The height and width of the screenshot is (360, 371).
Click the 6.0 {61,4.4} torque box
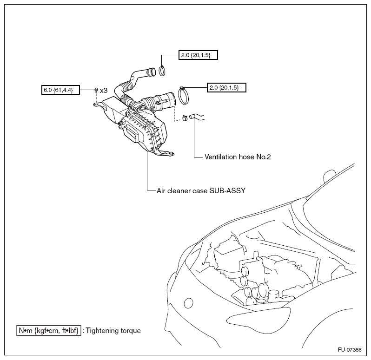click(60, 89)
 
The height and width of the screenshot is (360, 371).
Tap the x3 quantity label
click(104, 90)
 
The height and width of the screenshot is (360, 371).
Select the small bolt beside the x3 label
click(96, 90)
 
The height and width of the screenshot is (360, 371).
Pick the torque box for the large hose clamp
click(226, 87)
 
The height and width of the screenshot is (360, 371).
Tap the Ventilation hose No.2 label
click(237, 157)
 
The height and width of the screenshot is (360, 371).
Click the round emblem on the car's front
click(188, 303)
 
